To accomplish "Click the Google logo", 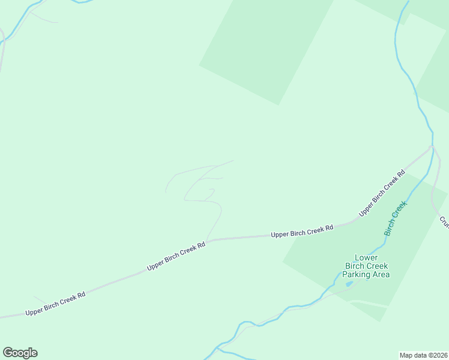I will point(20,353).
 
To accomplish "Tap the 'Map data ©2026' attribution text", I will point(423,355).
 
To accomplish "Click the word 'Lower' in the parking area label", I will point(366,257).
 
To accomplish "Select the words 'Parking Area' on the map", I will point(366,274).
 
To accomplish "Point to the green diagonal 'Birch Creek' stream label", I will point(396,218).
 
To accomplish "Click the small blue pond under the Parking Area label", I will point(349,283).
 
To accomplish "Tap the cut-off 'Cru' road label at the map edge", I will point(444,221).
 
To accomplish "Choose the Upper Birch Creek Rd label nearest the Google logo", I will point(55,304).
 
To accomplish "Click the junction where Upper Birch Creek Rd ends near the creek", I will point(431,146).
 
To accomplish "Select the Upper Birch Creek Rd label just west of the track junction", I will point(176,256).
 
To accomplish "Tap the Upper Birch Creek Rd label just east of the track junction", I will point(302,231).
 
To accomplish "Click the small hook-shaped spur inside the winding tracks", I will point(211,193).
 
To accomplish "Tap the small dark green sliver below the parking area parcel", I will point(368,310).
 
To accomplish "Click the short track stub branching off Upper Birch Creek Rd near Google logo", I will point(40,299).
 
